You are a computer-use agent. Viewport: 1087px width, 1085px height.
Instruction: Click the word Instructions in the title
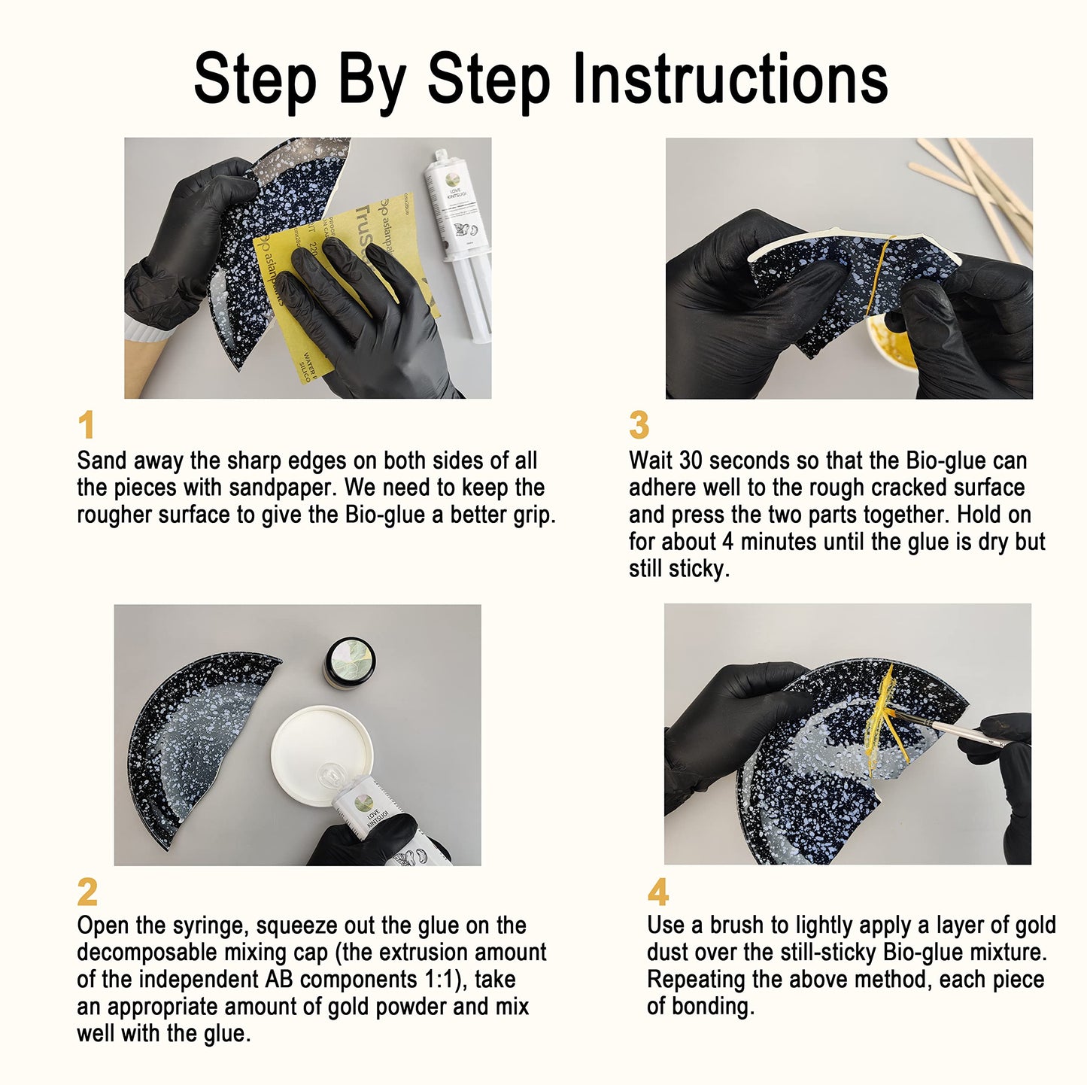(x=730, y=79)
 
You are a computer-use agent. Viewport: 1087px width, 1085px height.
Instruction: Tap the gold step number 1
(x=87, y=425)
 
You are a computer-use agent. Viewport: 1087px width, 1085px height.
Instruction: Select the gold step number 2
(x=87, y=892)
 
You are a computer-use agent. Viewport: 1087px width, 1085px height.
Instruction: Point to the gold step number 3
(x=639, y=425)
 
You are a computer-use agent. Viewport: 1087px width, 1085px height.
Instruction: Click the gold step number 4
(x=658, y=892)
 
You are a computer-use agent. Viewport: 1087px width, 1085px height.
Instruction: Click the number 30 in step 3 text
(x=691, y=461)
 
